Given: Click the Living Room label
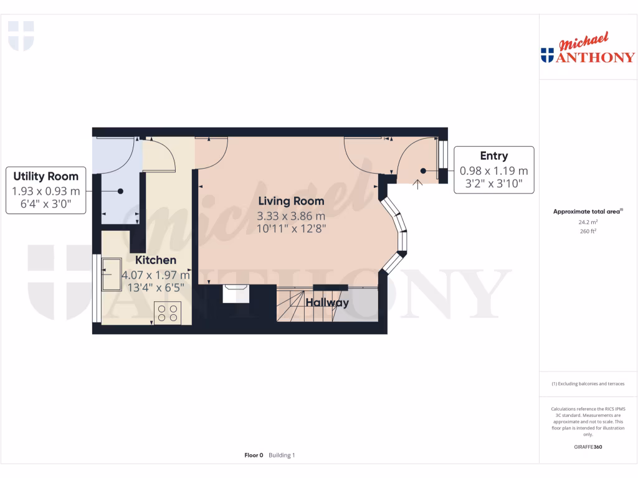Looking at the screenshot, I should (x=291, y=201).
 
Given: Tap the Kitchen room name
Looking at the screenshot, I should (x=156, y=260).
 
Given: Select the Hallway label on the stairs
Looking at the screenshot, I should (x=327, y=303).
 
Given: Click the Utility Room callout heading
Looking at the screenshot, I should (x=45, y=176).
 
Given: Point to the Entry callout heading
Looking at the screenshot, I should (x=493, y=156).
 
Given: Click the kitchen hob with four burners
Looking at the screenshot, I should (x=167, y=312).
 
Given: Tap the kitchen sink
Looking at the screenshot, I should (x=114, y=274).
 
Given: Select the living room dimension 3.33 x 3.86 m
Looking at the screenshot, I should (x=291, y=216).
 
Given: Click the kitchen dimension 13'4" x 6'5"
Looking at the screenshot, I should (x=156, y=288).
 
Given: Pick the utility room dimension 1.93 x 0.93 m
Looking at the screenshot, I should (x=45, y=190).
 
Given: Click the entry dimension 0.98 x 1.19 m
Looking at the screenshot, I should (x=493, y=171).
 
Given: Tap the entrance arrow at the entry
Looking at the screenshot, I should (x=417, y=182).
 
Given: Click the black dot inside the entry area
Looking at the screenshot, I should (x=422, y=171).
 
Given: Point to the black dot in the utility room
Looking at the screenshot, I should (x=121, y=192).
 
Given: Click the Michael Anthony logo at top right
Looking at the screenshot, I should (x=588, y=49).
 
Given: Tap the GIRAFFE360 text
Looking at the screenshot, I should (x=588, y=447).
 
